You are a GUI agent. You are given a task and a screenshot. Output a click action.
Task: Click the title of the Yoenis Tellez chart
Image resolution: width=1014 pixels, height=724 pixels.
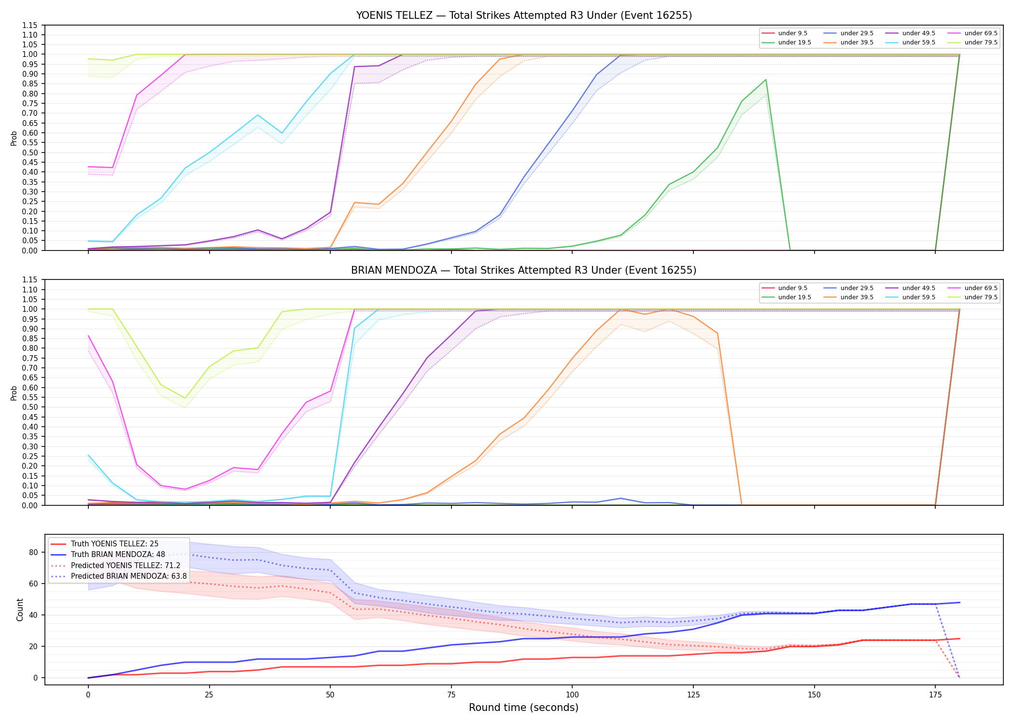[524, 15]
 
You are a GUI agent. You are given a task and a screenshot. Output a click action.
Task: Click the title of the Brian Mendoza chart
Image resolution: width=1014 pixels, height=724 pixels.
[524, 270]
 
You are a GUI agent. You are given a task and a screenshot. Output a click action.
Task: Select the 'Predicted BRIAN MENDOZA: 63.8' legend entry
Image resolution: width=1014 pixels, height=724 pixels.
[118, 576]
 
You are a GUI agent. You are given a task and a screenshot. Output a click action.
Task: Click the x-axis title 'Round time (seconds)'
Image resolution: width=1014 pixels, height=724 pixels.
[524, 708]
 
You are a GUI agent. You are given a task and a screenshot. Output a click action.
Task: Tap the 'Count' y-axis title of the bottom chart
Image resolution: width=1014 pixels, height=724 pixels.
[20, 610]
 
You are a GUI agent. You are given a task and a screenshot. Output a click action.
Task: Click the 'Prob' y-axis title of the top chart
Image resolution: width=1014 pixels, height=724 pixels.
[14, 138]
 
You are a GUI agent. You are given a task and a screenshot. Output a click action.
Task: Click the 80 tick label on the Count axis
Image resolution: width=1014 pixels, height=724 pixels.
[34, 552]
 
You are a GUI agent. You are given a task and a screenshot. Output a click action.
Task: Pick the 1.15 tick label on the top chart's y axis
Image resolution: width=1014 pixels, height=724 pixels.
[30, 25]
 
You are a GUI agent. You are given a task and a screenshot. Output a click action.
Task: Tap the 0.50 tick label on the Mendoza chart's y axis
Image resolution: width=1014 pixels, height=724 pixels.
[30, 407]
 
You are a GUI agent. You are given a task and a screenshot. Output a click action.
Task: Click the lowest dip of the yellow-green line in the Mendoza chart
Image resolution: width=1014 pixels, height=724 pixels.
[185, 398]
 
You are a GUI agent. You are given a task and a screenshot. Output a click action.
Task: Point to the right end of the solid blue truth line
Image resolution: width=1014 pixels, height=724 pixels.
[959, 602]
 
